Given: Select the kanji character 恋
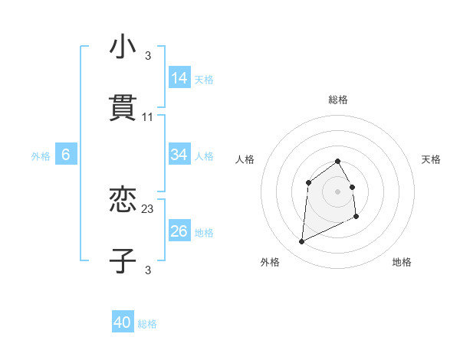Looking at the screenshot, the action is (123, 200).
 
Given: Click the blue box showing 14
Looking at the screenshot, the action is (179, 78).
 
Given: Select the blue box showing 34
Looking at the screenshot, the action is (179, 155).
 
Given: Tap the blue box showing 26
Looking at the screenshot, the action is (179, 231).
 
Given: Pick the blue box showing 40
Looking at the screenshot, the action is (123, 323).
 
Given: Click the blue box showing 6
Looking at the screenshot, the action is (66, 155).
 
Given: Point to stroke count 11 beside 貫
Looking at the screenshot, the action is (148, 117).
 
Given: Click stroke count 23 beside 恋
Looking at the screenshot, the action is (148, 208).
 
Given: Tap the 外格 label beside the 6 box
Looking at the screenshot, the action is (41, 155).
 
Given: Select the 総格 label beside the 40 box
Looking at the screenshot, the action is (147, 324).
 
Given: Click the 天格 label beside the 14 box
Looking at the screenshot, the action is (204, 79).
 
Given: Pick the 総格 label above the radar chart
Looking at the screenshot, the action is (338, 100).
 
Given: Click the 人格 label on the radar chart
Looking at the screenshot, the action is (245, 159).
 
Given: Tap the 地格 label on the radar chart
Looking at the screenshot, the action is (402, 262).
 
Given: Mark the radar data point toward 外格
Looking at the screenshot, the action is (301, 242).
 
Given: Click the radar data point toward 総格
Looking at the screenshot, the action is (338, 161).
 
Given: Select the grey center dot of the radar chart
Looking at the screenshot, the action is (338, 191).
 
